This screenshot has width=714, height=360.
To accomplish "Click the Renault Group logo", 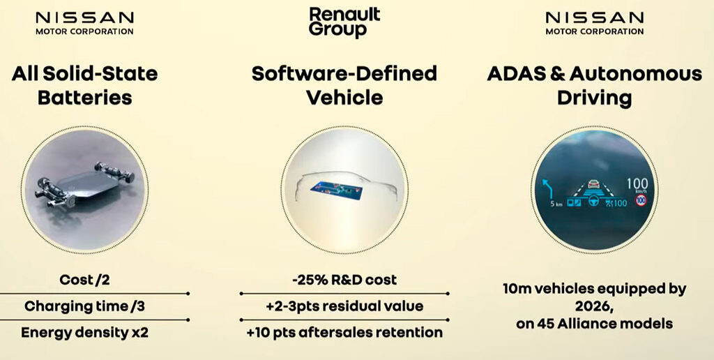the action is click(x=344, y=22).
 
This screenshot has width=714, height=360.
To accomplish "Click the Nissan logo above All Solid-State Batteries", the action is click(x=84, y=23).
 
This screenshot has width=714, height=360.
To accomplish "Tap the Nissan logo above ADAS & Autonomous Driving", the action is click(x=595, y=23).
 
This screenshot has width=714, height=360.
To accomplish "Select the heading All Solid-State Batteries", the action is click(x=84, y=85).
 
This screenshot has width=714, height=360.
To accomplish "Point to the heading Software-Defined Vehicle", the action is click(x=344, y=85).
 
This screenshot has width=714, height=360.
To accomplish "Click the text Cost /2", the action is click(x=84, y=280).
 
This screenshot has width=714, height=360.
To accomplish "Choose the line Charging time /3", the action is click(x=84, y=306).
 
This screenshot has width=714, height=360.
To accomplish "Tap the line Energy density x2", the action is click(x=84, y=333).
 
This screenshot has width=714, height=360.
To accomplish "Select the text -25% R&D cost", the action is click(x=344, y=280).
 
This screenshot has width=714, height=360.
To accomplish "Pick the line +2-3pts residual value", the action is click(x=344, y=306).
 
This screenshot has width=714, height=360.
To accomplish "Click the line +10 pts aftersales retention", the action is click(x=344, y=333).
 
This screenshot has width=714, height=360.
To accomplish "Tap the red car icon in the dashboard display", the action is click(x=593, y=183).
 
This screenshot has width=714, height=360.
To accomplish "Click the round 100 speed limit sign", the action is click(x=641, y=200).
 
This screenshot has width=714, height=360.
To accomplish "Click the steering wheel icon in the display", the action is click(x=593, y=201).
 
